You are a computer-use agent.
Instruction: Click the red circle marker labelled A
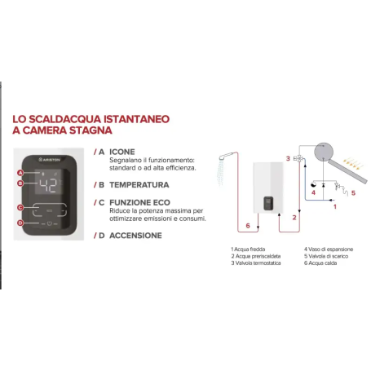coord(20,174)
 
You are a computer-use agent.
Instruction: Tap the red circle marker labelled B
coord(20,184)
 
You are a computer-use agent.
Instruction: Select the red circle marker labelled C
coord(20,209)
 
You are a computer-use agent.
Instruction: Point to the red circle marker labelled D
coord(20,222)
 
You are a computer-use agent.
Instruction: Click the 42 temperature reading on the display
coord(48,185)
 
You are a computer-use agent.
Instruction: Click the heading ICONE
coord(122,152)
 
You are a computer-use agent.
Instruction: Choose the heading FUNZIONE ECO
coord(139,201)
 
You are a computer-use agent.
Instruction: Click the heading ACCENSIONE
coord(135,236)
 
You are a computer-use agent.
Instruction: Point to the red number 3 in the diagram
coord(288,159)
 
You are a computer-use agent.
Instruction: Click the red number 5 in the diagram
coord(353,192)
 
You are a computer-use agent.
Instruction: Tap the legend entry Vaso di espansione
coord(329,249)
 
